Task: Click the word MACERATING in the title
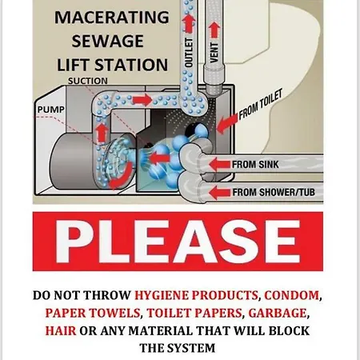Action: pyautogui.click(x=112, y=17)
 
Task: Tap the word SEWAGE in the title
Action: pyautogui.click(x=108, y=41)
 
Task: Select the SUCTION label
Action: pyautogui.click(x=88, y=81)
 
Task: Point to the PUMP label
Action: pyautogui.click(x=51, y=110)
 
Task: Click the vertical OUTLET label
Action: pyautogui.click(x=189, y=53)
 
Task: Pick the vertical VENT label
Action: pyautogui.click(x=214, y=53)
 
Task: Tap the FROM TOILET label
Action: pyautogui.click(x=260, y=105)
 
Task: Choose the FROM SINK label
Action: pyautogui.click(x=255, y=165)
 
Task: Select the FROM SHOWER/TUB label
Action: pyautogui.click(x=274, y=192)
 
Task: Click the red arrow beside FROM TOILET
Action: pyautogui.click(x=227, y=123)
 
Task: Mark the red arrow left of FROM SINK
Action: pyautogui.click(x=219, y=165)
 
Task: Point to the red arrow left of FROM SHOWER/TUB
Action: pyautogui.click(x=219, y=192)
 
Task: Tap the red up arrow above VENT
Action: pyautogui.click(x=214, y=30)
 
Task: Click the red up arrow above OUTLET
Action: pyautogui.click(x=189, y=23)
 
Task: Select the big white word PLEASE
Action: pyautogui.click(x=178, y=242)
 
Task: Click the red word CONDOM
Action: pyautogui.click(x=291, y=295)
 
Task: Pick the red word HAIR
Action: pyautogui.click(x=61, y=330)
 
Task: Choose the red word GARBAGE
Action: pyautogui.click(x=277, y=313)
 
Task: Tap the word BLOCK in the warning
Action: pyautogui.click(x=289, y=330)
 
